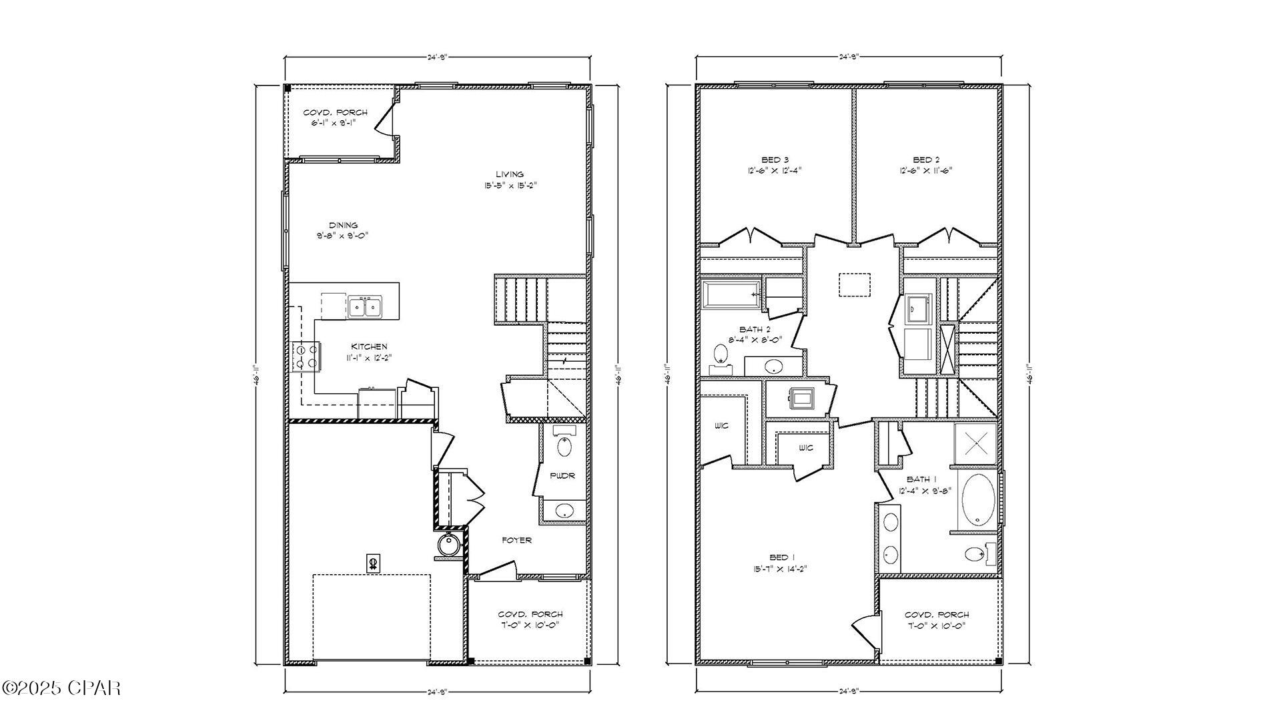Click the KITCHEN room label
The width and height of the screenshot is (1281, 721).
[x=369, y=346]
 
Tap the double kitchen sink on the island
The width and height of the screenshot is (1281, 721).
[x=364, y=307]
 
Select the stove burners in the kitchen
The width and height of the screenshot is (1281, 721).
[x=306, y=356]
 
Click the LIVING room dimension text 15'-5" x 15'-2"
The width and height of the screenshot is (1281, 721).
[x=510, y=186]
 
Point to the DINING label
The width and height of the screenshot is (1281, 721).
[x=343, y=225]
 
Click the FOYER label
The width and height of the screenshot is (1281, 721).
[x=516, y=540]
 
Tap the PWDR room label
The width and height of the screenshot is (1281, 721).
[x=562, y=476]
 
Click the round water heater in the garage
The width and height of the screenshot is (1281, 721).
[x=449, y=545]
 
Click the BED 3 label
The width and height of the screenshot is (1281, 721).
[x=775, y=160]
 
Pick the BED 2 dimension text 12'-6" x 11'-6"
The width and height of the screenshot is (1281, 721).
[x=926, y=170]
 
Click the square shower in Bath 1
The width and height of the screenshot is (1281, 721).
[x=975, y=443]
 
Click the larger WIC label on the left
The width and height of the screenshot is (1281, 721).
[x=721, y=426]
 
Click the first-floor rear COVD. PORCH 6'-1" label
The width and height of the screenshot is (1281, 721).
[x=335, y=112]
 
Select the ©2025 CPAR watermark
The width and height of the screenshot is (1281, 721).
[x=61, y=688]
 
